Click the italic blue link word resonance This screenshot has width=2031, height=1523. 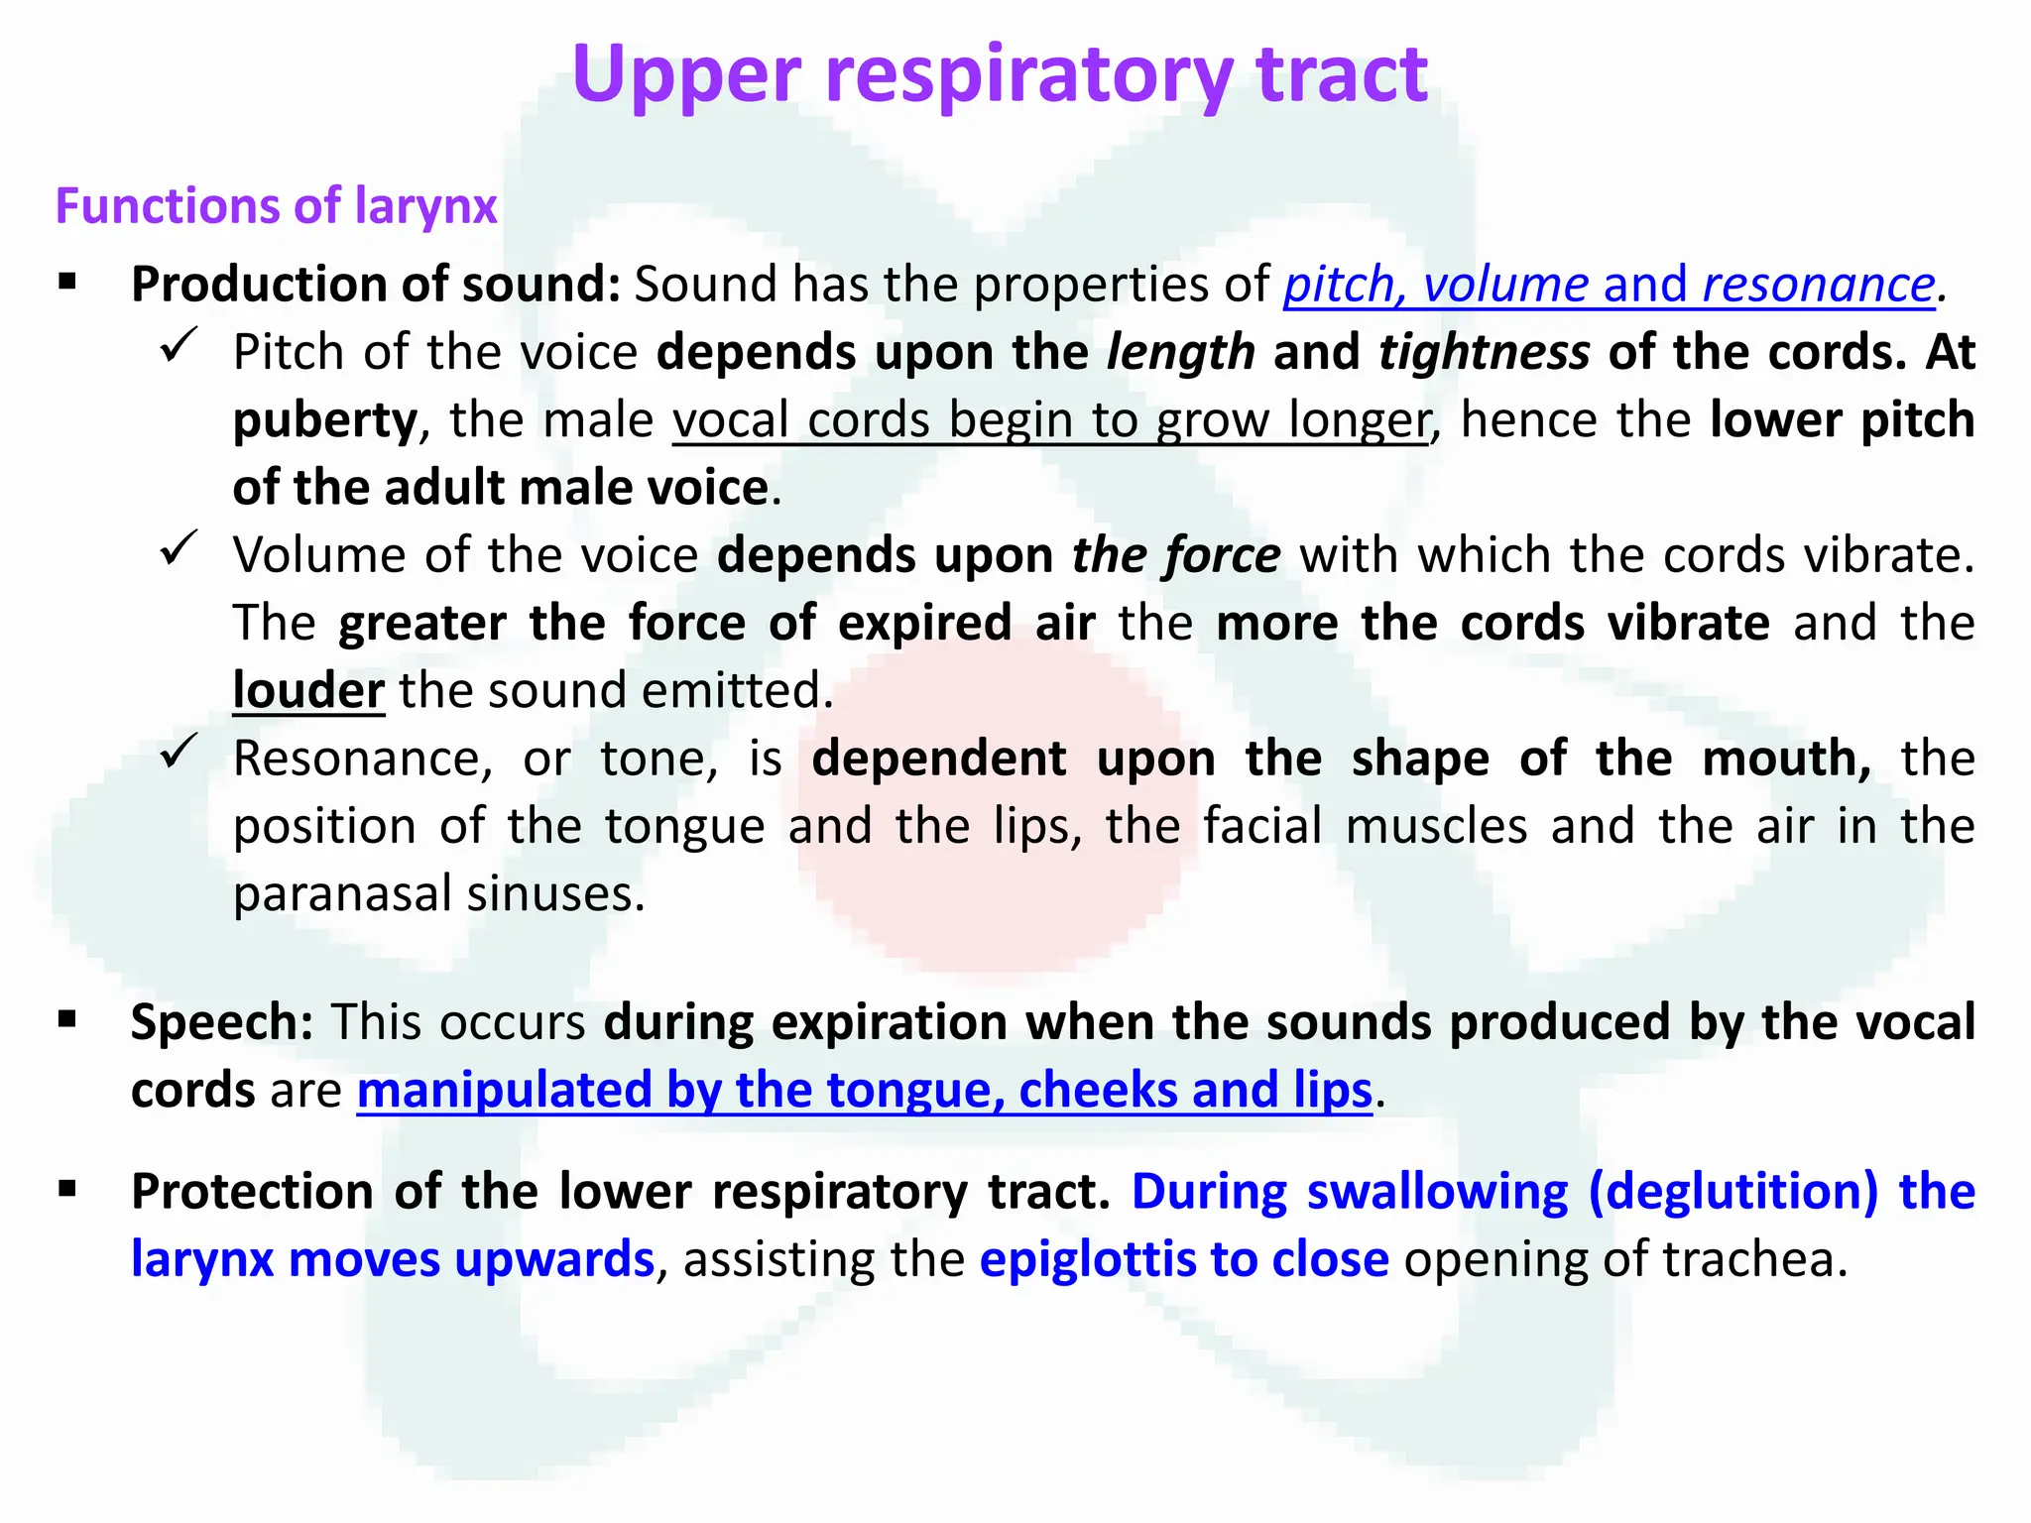pos(1819,285)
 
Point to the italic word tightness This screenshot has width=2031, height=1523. pos(1484,352)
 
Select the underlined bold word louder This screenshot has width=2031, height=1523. pos(307,690)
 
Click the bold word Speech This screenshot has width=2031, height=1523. pos(221,1022)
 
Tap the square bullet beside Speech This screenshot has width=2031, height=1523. pos(67,1019)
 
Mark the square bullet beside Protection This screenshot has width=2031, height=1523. pos(67,1189)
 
